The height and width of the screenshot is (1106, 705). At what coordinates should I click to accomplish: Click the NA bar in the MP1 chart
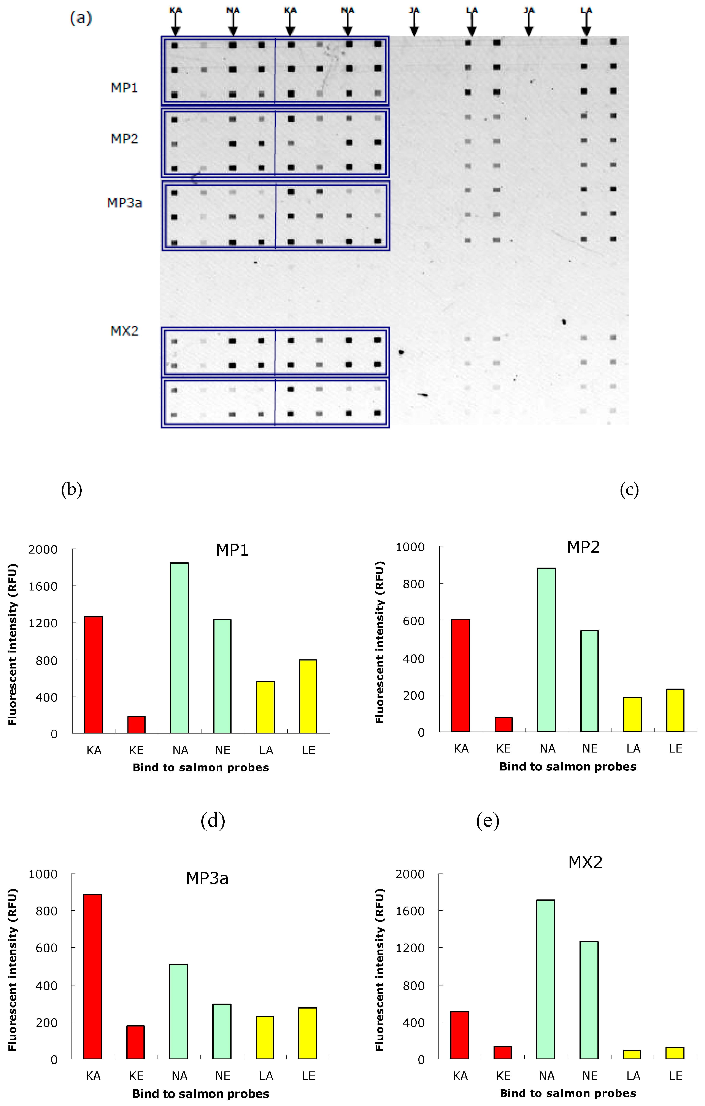(179, 648)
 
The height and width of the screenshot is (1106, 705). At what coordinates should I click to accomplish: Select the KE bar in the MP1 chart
(137, 724)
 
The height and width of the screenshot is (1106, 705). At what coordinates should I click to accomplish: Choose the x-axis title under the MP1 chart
(201, 767)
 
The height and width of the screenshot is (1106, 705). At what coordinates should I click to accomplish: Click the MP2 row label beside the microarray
(124, 139)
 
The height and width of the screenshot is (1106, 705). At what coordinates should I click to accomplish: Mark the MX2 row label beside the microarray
(124, 331)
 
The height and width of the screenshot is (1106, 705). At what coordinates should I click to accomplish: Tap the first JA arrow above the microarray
(414, 22)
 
